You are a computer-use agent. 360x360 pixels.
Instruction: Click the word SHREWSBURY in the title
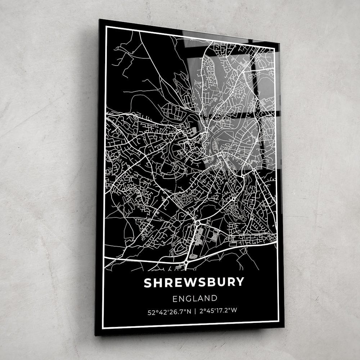pos(194,282)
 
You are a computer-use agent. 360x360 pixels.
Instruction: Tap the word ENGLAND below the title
pos(195,298)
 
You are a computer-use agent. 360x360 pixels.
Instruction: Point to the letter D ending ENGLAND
pos(215,298)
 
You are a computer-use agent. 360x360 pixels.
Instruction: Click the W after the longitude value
pos(234,310)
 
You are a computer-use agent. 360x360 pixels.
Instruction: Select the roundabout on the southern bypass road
pos(186,262)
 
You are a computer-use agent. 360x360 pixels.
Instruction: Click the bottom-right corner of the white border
pos(279,320)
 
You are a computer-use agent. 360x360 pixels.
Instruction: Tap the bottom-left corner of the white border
pos(103,328)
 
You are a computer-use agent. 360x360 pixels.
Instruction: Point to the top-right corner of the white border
pos(279,44)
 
